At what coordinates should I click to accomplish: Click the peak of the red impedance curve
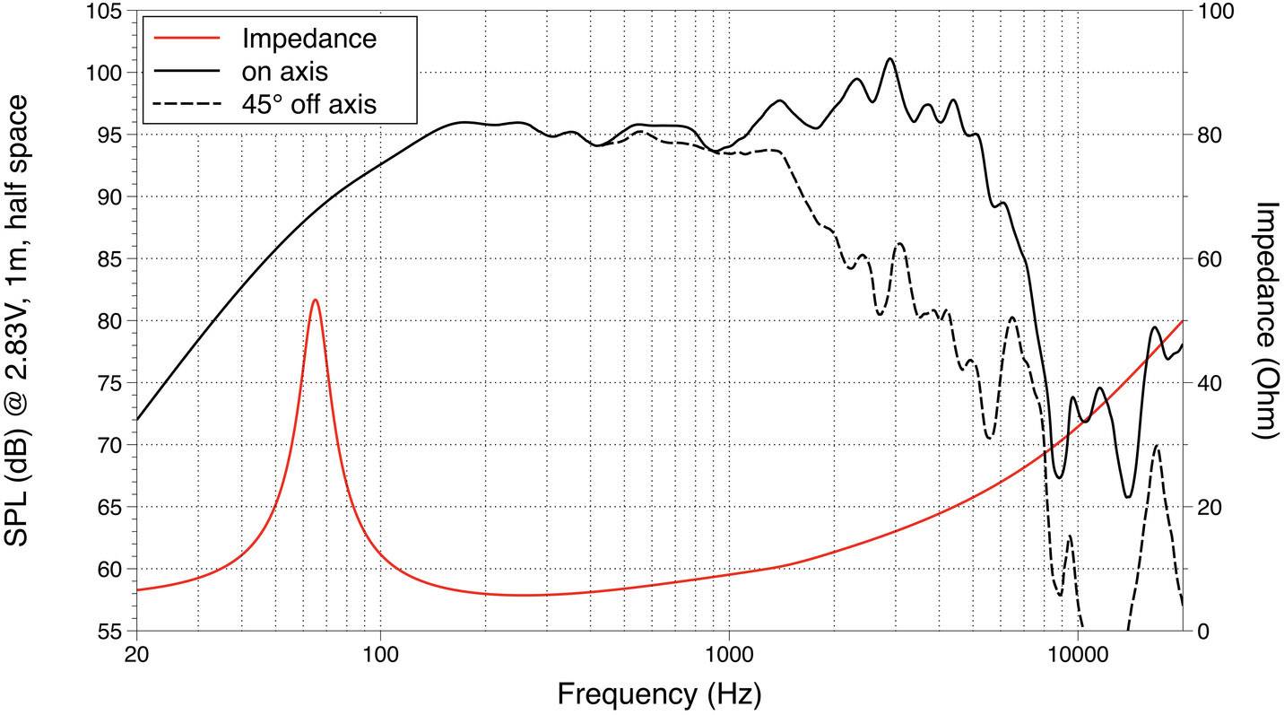[315, 301]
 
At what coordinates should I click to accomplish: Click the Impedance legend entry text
[308, 39]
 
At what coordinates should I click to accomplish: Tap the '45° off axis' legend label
[308, 103]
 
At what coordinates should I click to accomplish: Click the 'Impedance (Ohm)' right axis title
[1265, 319]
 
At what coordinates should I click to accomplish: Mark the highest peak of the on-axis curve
[889, 59]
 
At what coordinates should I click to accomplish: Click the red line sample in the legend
[187, 39]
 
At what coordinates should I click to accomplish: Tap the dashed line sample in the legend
[187, 103]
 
